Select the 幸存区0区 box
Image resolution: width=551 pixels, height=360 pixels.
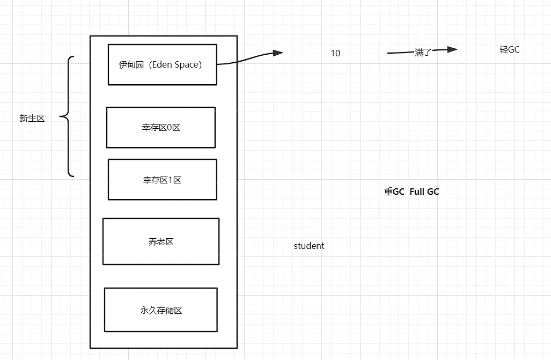click(x=160, y=127)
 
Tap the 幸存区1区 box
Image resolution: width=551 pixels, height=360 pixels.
click(x=162, y=179)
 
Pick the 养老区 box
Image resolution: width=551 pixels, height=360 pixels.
click(x=160, y=241)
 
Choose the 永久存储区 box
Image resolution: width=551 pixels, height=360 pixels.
click(x=160, y=310)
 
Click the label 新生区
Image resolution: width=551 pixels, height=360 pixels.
click(x=32, y=119)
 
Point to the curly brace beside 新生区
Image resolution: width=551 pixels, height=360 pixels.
click(x=68, y=116)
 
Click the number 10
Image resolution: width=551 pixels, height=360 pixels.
click(x=335, y=53)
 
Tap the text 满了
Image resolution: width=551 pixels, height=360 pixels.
click(x=423, y=53)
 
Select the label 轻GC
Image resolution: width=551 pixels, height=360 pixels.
click(x=509, y=49)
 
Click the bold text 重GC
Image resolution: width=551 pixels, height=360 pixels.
click(x=394, y=192)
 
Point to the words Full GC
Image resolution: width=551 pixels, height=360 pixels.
click(x=424, y=192)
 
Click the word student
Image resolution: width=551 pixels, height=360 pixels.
click(x=309, y=246)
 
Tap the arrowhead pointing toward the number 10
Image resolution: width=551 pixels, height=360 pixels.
click(x=277, y=53)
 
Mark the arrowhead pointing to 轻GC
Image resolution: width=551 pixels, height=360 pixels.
click(x=452, y=49)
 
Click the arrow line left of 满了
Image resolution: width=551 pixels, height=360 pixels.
click(x=400, y=53)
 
